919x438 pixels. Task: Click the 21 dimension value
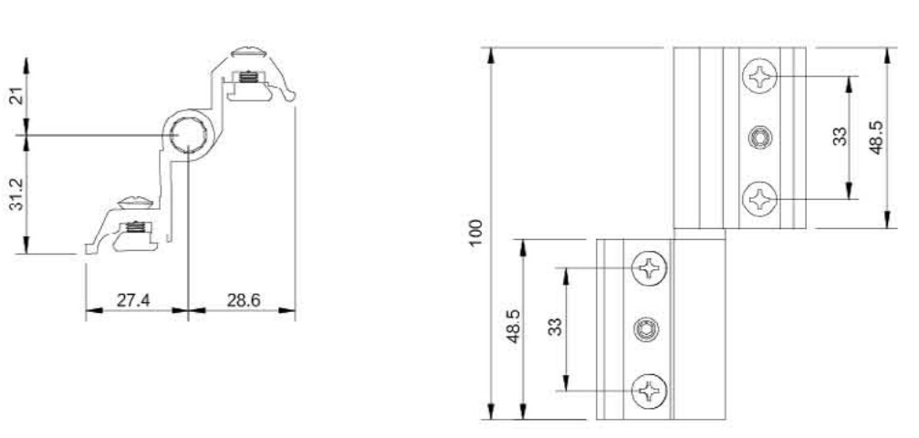(x=18, y=96)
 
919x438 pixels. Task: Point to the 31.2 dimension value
(x=18, y=194)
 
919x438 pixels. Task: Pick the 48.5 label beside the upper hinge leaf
(x=876, y=138)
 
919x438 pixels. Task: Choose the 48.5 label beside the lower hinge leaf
(x=514, y=327)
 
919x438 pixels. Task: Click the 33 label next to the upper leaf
(x=841, y=137)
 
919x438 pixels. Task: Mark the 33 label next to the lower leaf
(x=555, y=327)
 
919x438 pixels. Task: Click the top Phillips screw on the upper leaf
(x=759, y=77)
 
